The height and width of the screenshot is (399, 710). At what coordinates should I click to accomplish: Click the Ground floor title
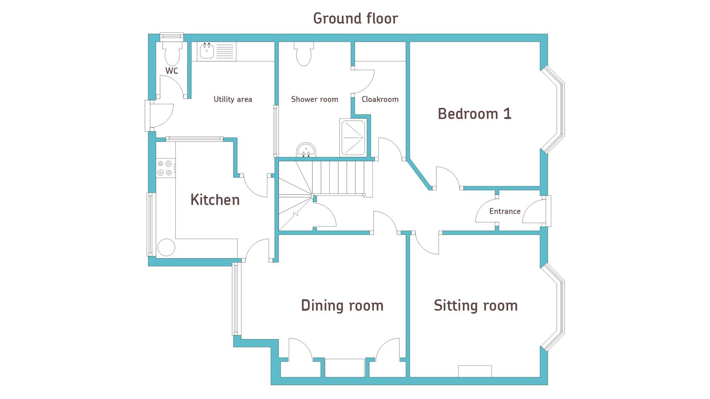[355, 18]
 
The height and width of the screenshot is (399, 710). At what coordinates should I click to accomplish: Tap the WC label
[172, 71]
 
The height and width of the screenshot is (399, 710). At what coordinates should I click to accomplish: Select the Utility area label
[233, 99]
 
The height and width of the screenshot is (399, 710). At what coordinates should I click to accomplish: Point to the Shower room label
[315, 99]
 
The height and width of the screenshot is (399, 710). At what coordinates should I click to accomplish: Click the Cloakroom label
[380, 99]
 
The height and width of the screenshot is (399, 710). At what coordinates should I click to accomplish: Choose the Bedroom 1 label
[475, 113]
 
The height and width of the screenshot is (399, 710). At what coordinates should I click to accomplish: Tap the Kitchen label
[215, 199]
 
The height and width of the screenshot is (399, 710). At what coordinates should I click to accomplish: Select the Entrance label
[505, 211]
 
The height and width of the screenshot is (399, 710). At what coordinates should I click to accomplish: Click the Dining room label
[342, 305]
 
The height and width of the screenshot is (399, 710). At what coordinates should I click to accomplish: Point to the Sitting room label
[476, 305]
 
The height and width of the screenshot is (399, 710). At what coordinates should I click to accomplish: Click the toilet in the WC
[172, 54]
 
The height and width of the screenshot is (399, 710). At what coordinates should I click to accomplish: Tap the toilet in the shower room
[304, 54]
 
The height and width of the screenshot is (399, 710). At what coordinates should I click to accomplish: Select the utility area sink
[207, 51]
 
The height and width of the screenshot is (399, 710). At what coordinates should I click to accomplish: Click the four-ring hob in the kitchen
[165, 168]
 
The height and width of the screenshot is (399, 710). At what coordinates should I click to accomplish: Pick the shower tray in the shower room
[353, 138]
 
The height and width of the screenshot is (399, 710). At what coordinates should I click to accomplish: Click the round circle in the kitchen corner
[166, 247]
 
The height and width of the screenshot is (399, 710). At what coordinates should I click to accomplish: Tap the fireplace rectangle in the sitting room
[475, 371]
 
